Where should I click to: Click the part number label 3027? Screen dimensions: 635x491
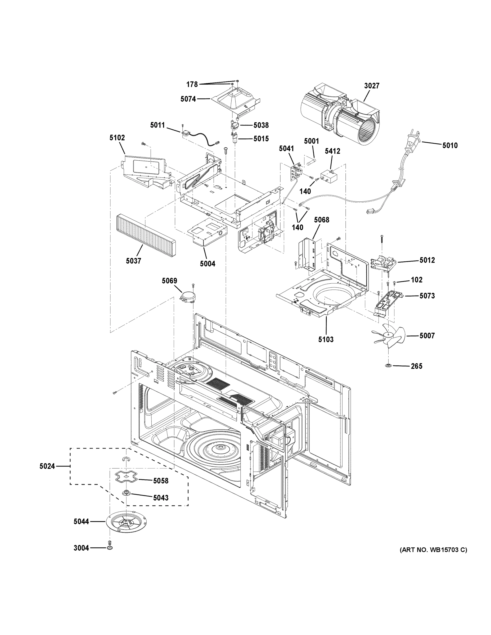click(372, 86)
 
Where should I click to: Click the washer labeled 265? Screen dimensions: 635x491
click(388, 365)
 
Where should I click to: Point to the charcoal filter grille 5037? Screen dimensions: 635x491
click(145, 236)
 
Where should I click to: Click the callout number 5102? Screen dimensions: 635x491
click(117, 138)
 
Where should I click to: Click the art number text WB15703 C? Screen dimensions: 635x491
click(433, 550)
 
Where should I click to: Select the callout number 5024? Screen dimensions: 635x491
click(47, 466)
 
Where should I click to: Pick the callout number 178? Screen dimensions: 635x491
click(192, 85)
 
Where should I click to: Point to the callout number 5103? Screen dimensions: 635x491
click(326, 339)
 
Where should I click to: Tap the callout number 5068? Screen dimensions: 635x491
click(321, 220)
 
